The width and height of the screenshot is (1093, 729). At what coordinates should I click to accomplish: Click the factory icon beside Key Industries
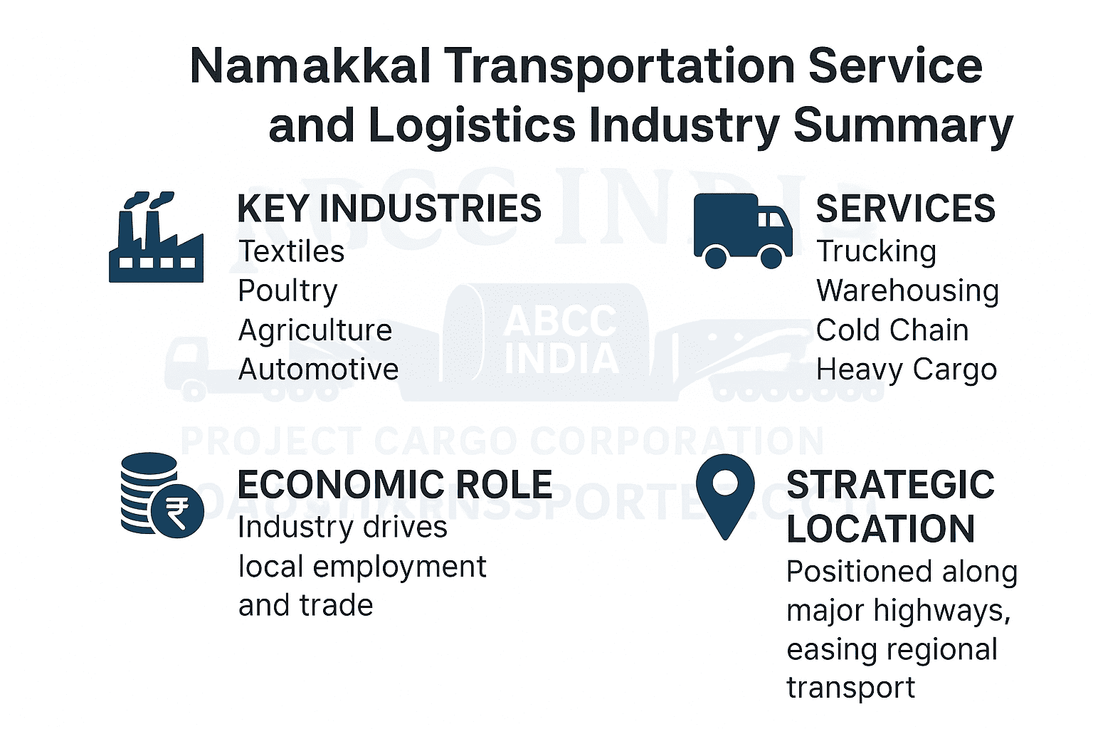(x=156, y=238)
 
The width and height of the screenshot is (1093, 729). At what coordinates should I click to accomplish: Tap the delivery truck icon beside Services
(x=742, y=231)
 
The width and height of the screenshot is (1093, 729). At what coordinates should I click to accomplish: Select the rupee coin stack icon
(x=161, y=495)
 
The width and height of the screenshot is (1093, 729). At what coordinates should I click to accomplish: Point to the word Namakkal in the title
(x=310, y=66)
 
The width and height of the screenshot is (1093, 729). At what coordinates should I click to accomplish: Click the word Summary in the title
(x=903, y=125)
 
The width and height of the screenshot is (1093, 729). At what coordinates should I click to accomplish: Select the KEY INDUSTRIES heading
(x=389, y=209)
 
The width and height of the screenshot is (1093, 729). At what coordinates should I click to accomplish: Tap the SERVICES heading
(x=905, y=209)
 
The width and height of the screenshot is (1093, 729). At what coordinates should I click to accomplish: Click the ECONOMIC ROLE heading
(x=394, y=485)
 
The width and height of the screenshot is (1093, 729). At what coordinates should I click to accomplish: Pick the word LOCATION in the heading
(x=880, y=529)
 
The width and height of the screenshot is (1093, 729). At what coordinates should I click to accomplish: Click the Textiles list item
(x=291, y=251)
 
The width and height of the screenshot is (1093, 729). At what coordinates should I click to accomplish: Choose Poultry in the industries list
(x=287, y=291)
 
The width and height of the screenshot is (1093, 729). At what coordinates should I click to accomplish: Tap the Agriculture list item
(x=315, y=330)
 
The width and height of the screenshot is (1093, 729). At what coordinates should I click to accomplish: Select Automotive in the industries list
(x=318, y=369)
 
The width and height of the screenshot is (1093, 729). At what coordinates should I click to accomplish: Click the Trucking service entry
(x=876, y=251)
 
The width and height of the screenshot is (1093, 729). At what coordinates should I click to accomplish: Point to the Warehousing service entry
(x=907, y=291)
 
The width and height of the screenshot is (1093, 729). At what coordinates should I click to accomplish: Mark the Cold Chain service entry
(x=892, y=330)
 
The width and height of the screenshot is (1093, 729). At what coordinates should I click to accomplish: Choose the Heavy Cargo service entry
(x=906, y=370)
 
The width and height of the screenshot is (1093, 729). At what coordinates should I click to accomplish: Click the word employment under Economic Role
(x=399, y=567)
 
